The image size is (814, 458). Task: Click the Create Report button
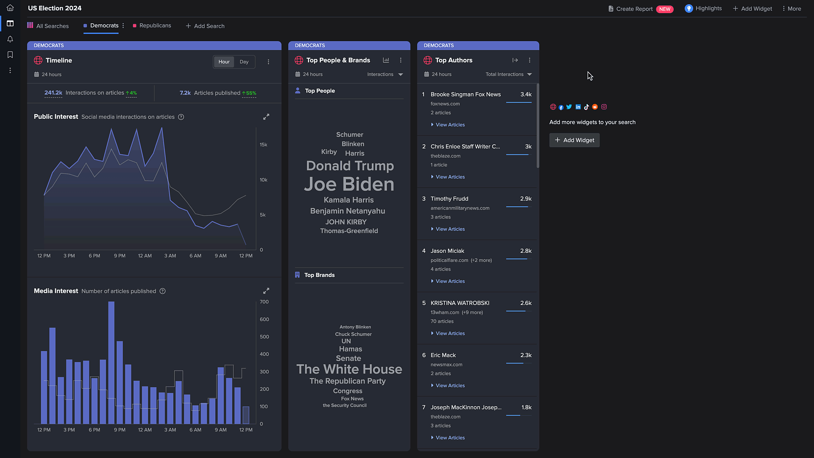[634, 9]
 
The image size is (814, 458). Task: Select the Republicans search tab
[155, 25]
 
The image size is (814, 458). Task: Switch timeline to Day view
[244, 62]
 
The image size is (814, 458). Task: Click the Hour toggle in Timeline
[224, 62]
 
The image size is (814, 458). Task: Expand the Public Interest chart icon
[266, 117]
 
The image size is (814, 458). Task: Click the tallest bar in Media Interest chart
[111, 360]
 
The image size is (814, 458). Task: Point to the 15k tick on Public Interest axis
[263, 145]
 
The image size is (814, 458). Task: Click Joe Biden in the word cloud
[349, 184]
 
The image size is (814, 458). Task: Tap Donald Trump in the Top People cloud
[350, 166]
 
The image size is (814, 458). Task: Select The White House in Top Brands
[349, 369]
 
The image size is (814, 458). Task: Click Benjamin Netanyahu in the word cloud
[347, 211]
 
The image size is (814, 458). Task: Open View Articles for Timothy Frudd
[450, 229]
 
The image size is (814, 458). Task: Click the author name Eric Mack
[443, 355]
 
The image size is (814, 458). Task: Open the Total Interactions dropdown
[508, 74]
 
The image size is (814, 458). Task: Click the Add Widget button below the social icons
[574, 140]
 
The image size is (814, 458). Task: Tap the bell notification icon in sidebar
[10, 39]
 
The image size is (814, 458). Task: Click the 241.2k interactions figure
[53, 93]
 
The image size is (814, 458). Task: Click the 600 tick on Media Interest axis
[264, 319]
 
